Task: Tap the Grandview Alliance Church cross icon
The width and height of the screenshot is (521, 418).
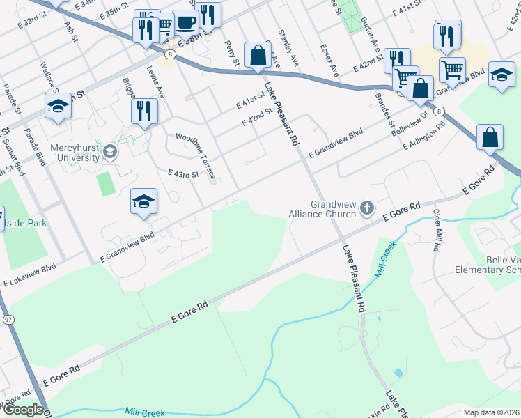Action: [367, 207]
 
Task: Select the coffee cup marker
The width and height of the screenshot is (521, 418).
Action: [186, 22]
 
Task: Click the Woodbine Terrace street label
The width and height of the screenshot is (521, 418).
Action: [196, 154]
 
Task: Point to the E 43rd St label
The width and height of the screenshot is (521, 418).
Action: [184, 173]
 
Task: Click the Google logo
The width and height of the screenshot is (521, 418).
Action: [23, 410]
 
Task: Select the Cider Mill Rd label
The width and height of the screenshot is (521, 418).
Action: [437, 229]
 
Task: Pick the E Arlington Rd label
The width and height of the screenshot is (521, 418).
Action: [424, 137]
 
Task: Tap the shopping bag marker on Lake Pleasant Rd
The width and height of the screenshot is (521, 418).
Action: [258, 54]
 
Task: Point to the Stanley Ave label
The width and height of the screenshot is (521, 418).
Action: [288, 47]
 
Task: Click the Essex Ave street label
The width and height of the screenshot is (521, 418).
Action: [329, 61]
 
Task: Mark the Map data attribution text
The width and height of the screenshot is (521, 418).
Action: [490, 412]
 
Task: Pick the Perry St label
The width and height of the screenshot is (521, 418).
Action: [232, 53]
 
